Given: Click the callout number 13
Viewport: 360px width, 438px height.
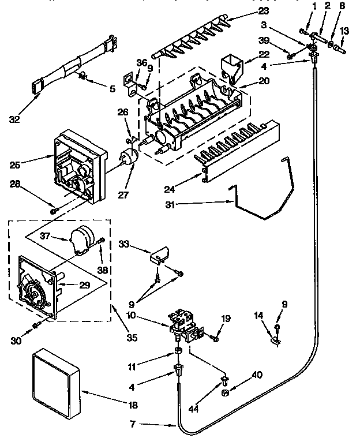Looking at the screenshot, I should [344, 31].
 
